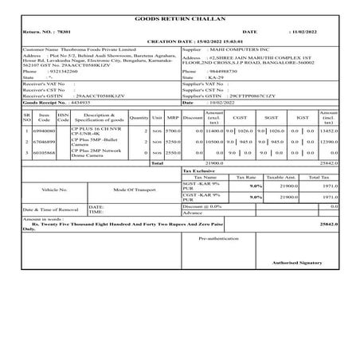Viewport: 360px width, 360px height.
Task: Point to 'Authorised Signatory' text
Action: point(295,261)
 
